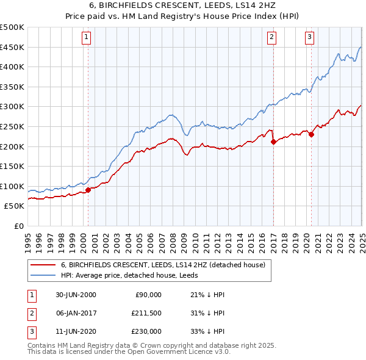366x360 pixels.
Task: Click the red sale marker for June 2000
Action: point(88,190)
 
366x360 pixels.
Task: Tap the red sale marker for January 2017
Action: point(273,142)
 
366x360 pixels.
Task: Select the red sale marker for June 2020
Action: point(311,135)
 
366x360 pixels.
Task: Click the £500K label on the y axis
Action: point(12,27)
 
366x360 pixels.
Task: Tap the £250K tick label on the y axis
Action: point(12,126)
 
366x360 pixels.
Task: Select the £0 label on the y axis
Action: point(18,226)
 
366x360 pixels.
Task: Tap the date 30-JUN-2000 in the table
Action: point(76,295)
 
